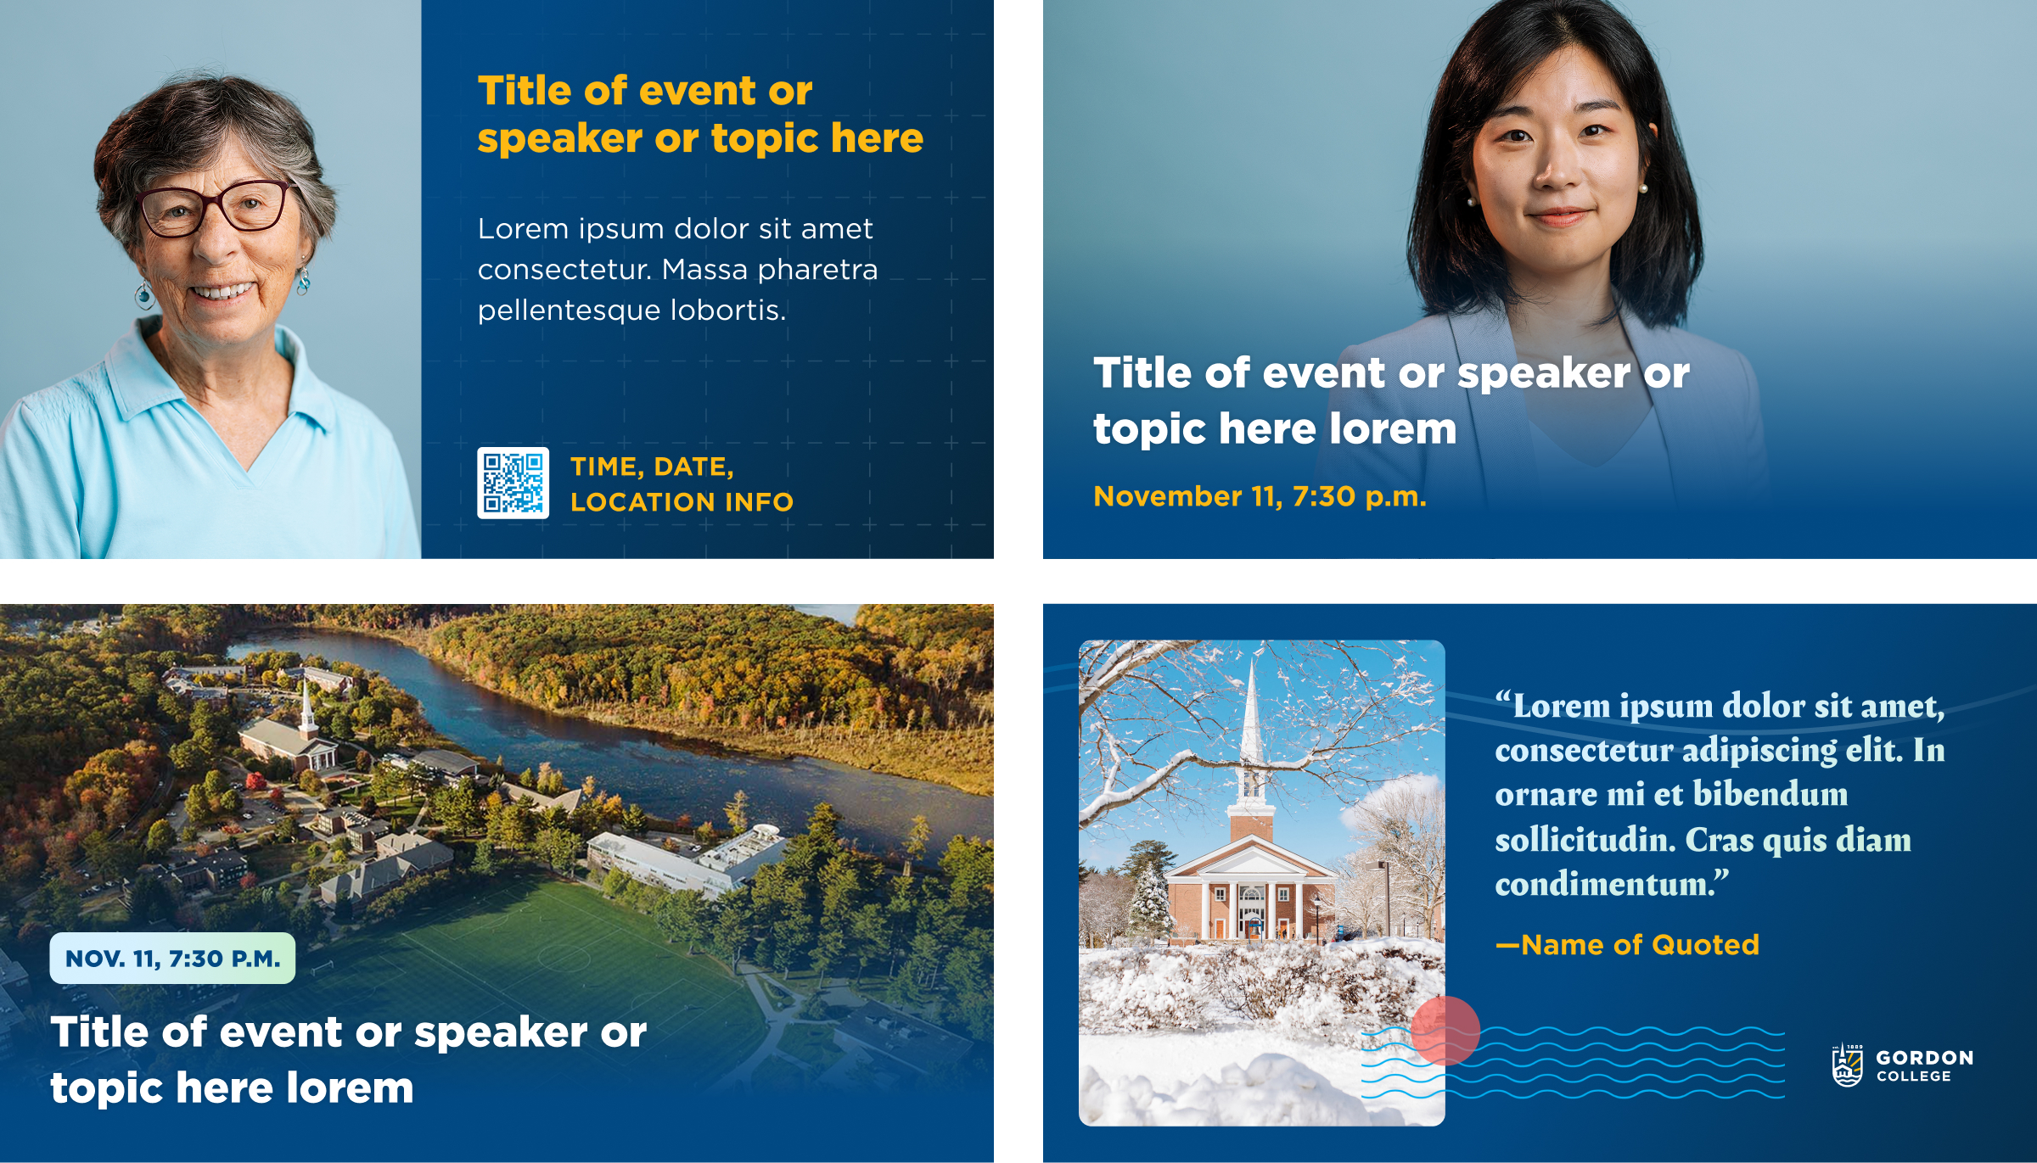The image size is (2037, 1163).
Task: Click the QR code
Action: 513,483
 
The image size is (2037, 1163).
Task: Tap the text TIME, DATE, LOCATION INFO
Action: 682,484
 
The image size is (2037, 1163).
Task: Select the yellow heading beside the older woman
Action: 700,115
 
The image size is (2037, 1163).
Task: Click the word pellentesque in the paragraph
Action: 570,310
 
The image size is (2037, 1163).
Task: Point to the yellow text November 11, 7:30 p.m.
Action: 1260,496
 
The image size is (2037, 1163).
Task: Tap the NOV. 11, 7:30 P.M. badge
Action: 172,959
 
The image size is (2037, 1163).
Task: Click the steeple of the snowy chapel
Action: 1251,738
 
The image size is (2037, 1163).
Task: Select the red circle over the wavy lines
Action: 1445,1031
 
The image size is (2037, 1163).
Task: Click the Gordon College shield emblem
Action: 1848,1065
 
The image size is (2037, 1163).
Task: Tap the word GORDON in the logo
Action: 1924,1058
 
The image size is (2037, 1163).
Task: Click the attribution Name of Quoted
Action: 1627,945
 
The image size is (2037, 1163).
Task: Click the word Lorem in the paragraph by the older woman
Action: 523,229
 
